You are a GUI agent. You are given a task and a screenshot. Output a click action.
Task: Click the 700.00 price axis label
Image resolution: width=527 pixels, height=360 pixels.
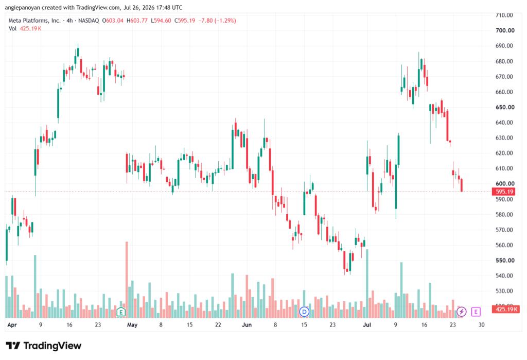click(x=505, y=30)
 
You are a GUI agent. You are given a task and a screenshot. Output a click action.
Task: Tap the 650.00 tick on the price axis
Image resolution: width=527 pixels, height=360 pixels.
click(x=505, y=107)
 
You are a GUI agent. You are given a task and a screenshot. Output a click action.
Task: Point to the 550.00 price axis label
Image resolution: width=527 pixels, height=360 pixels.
click(x=505, y=261)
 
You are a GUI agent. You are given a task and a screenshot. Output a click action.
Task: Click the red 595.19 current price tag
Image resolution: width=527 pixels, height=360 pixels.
click(x=504, y=192)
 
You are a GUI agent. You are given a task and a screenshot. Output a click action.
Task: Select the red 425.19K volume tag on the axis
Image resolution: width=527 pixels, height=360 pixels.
click(x=505, y=309)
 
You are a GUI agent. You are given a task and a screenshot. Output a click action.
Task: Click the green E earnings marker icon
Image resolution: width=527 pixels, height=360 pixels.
click(x=121, y=312)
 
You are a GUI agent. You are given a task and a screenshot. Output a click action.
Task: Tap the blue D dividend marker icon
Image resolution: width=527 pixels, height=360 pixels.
click(x=304, y=312)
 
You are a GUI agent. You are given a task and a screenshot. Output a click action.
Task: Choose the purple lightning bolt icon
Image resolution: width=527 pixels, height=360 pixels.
click(x=462, y=312)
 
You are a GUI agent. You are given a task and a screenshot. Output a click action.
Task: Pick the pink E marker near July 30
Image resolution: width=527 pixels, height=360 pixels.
click(x=476, y=312)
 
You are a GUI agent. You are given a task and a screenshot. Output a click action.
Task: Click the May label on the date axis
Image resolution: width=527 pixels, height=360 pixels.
click(x=132, y=324)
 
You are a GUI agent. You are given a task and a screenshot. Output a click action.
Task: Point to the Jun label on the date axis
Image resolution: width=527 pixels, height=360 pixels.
click(x=247, y=324)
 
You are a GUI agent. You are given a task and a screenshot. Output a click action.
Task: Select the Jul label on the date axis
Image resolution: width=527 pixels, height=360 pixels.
click(x=366, y=324)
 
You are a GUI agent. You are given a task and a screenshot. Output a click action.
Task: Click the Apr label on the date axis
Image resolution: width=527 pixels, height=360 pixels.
click(x=12, y=324)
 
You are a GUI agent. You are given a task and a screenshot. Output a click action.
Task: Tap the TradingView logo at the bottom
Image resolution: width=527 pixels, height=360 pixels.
click(x=44, y=346)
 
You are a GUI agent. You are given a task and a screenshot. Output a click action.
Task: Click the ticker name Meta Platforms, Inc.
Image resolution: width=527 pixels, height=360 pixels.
click(x=34, y=21)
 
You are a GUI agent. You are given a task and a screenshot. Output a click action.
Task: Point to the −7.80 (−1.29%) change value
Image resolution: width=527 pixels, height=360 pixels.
click(x=217, y=21)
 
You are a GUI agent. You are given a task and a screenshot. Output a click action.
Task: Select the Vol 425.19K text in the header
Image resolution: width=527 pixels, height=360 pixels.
click(x=25, y=29)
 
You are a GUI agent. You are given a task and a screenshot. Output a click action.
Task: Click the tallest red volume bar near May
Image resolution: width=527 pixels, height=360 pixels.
click(x=127, y=280)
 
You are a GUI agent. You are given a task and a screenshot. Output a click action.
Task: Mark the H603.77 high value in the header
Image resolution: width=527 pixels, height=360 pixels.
click(x=137, y=21)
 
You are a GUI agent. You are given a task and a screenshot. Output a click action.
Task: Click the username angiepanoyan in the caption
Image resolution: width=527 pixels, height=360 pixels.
click(x=22, y=7)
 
